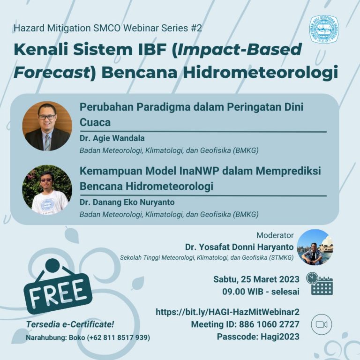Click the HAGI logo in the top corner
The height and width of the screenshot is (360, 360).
(x=323, y=30)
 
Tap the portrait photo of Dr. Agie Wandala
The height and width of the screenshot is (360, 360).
(x=47, y=126)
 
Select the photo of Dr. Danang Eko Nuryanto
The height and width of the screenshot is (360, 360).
(x=47, y=190)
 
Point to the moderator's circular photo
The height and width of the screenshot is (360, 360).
(x=315, y=247)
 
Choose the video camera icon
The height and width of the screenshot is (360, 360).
(x=321, y=324)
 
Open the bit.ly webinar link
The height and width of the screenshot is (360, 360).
(x=227, y=312)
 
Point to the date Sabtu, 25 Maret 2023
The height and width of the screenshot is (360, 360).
(x=256, y=279)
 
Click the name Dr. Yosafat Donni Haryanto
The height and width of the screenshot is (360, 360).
(x=240, y=247)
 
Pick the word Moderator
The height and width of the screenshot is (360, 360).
(x=275, y=235)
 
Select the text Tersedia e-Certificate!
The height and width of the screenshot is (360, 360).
(x=70, y=324)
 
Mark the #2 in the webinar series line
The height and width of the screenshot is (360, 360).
(x=196, y=28)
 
